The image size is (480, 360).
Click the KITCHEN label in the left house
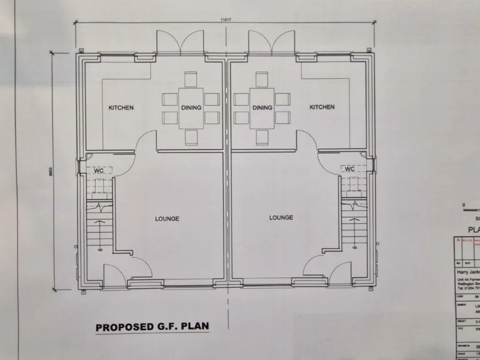(121, 107)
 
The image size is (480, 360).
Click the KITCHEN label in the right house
(322, 107)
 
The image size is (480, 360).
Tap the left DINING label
(191, 107)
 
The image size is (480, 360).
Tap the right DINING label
(262, 107)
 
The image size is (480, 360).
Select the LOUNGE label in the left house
(167, 219)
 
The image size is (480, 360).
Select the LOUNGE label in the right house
(281, 217)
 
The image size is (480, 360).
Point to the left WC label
(99, 170)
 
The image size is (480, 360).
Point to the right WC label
(349, 169)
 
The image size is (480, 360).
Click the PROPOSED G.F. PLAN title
(152, 326)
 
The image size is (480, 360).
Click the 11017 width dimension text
(226, 19)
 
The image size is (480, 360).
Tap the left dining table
(191, 107)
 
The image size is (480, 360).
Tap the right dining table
(262, 107)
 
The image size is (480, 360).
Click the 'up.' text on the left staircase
(100, 250)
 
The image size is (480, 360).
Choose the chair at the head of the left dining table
(191, 79)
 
